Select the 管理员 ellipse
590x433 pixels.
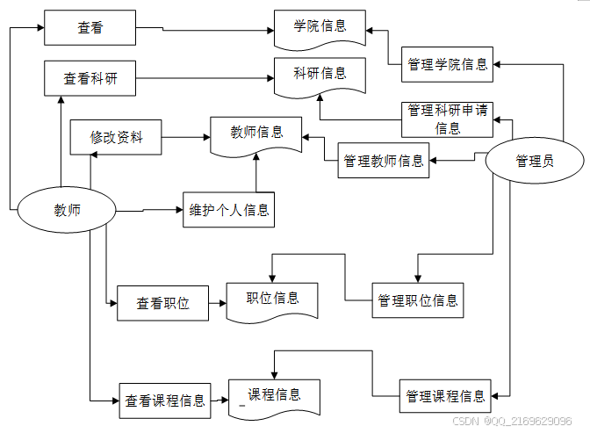point(535,161)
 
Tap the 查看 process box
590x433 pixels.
point(90,28)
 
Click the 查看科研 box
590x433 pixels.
point(90,79)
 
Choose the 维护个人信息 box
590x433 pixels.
point(229,210)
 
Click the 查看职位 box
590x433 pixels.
point(162,304)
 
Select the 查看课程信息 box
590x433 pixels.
point(165,401)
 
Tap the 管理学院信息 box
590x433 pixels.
point(448,64)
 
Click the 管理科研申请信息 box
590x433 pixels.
point(448,119)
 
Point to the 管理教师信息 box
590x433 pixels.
point(384,161)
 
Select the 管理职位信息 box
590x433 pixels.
point(418,300)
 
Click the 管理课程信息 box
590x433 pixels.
point(445,396)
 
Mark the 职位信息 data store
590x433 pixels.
point(272,299)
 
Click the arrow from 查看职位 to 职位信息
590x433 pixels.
point(217,304)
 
